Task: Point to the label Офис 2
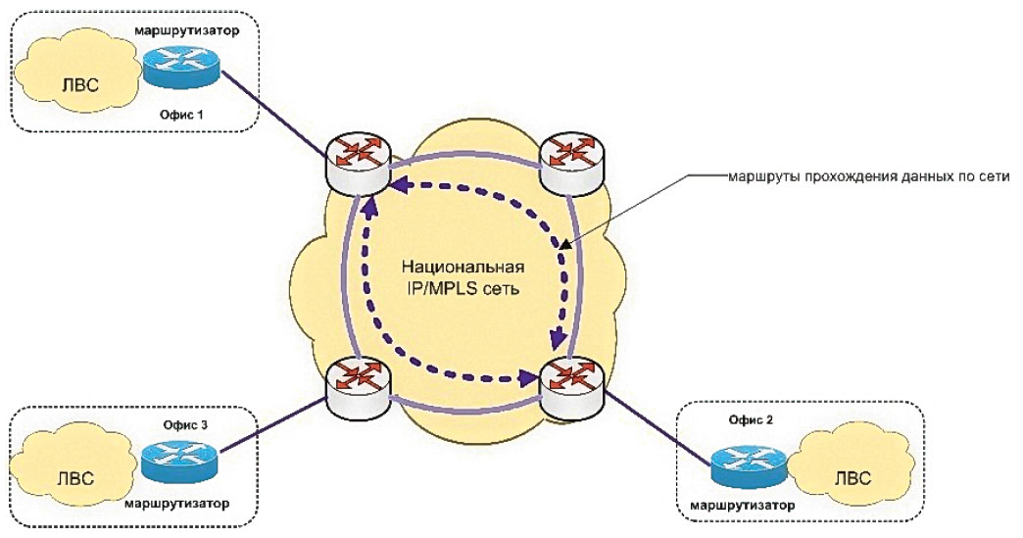click(750, 418)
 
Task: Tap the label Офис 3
click(184, 426)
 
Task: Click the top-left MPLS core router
click(360, 164)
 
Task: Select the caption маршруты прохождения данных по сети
click(868, 177)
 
